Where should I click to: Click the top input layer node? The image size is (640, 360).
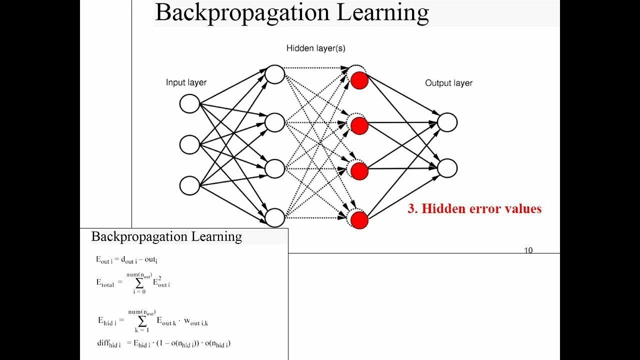189,104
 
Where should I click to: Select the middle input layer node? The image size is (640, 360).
189,144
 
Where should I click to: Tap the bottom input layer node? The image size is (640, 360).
189,185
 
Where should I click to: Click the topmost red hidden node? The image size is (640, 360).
359,80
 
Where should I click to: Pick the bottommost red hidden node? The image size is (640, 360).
359,220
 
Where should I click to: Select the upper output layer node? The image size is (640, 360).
447,122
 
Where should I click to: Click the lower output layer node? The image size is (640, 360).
447,168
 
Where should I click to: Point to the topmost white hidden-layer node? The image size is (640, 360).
274,74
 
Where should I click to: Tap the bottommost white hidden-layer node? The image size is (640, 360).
274,217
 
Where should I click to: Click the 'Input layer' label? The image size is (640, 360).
186,82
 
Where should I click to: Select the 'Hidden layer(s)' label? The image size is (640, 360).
315,48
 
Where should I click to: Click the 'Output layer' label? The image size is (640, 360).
448,83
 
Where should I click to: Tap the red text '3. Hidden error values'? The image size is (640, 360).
474,208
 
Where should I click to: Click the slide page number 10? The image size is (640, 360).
528,250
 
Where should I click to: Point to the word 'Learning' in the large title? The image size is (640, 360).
382,12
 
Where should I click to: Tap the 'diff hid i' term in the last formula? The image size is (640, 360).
108,343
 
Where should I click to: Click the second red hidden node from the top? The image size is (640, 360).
359,125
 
